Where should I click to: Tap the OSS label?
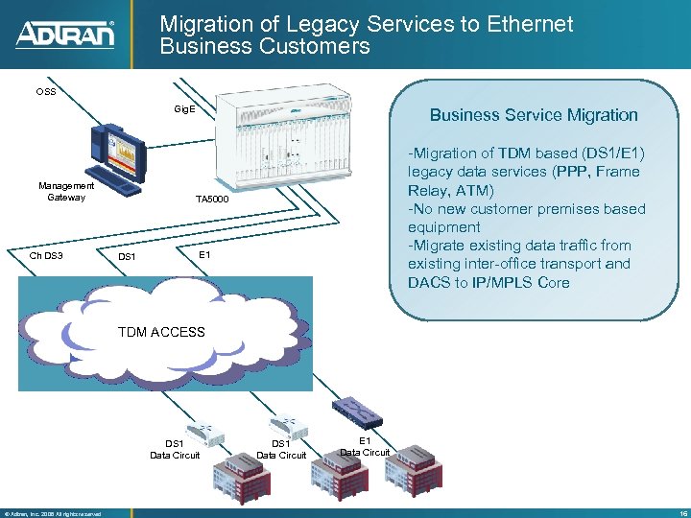(46, 92)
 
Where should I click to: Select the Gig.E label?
(184, 109)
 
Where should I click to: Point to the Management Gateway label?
(66, 192)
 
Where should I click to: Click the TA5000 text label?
(213, 200)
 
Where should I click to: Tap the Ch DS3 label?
(47, 256)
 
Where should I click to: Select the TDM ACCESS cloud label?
(161, 332)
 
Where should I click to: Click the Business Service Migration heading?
(534, 115)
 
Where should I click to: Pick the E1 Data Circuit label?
(365, 446)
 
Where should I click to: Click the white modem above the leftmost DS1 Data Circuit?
(203, 426)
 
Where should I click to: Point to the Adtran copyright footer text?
(53, 513)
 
